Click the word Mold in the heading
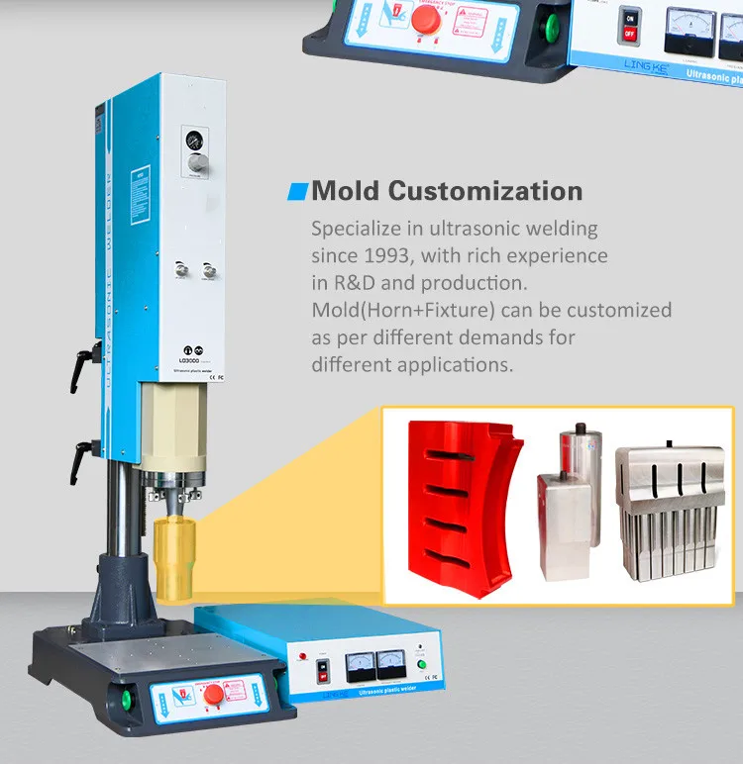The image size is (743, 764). coord(344,190)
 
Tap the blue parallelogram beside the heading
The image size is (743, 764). coord(296,190)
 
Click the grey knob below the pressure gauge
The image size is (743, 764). coord(198,162)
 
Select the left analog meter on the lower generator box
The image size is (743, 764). coord(361,665)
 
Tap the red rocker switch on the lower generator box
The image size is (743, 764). coord(320,672)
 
